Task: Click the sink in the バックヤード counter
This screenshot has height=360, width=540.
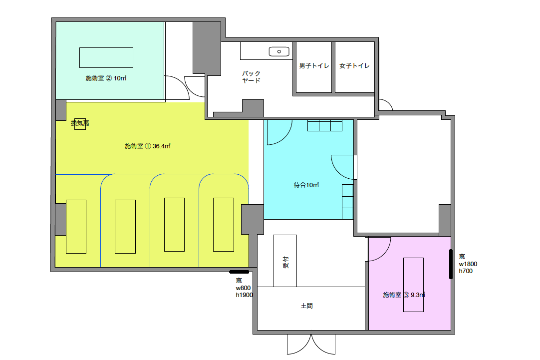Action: click(279, 51)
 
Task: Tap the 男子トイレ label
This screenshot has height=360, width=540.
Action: click(314, 65)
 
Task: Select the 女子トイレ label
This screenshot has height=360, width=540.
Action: click(354, 65)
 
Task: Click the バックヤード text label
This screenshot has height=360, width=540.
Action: click(252, 77)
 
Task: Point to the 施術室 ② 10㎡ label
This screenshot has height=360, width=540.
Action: click(106, 78)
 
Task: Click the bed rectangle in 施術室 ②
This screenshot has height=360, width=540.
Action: click(106, 57)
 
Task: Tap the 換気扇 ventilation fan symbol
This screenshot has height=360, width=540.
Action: click(80, 123)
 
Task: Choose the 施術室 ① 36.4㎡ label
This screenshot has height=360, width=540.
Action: click(148, 146)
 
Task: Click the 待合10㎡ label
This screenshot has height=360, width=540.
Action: click(306, 185)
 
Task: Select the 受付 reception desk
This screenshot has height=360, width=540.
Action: click(285, 261)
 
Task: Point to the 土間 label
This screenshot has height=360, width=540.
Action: click(306, 306)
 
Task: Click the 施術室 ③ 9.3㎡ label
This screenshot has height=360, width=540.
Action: click(404, 295)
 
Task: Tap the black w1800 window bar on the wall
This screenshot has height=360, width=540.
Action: click(451, 264)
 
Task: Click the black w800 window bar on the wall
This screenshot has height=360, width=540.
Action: click(239, 272)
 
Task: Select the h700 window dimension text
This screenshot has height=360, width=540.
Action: click(466, 271)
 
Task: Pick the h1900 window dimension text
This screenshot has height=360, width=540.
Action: click(244, 295)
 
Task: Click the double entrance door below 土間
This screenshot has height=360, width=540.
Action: click(311, 344)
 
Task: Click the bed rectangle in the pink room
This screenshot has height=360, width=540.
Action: click(413, 285)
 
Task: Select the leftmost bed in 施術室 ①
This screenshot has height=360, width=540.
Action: click(76, 227)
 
